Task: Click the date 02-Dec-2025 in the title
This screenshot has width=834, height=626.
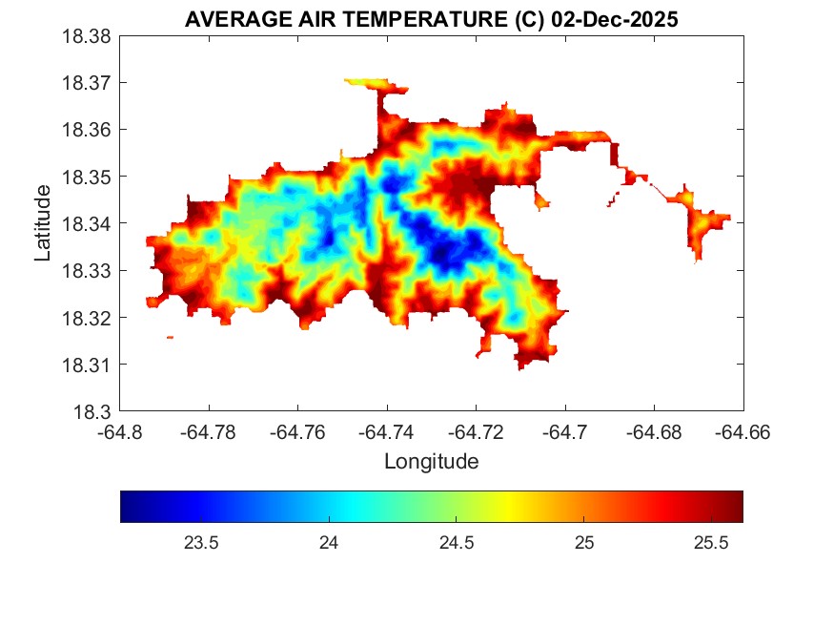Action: click(615, 20)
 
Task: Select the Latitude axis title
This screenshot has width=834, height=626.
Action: click(43, 223)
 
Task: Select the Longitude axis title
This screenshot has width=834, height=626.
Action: click(431, 462)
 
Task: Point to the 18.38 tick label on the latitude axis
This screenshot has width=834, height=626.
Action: click(87, 36)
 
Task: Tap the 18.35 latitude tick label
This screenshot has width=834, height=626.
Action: click(87, 177)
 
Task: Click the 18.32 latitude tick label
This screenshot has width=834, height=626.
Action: click(87, 318)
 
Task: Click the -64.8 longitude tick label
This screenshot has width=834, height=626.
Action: click(120, 432)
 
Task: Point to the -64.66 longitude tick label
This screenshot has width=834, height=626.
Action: click(743, 432)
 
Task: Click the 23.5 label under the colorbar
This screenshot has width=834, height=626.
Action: click(201, 543)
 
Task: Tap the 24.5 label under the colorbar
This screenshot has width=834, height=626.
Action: click(457, 543)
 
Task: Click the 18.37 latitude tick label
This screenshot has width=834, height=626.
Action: click(87, 83)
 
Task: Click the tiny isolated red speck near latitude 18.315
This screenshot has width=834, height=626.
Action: click(170, 337)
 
